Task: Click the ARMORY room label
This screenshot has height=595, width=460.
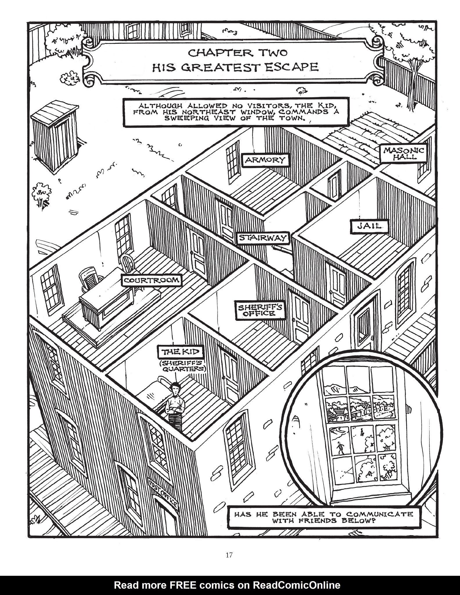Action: click(265, 160)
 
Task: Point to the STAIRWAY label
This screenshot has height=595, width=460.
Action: click(263, 238)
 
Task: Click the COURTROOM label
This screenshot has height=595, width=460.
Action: click(151, 280)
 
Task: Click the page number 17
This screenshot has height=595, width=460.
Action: click(229, 555)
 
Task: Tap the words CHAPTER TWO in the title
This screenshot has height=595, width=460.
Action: click(237, 53)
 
